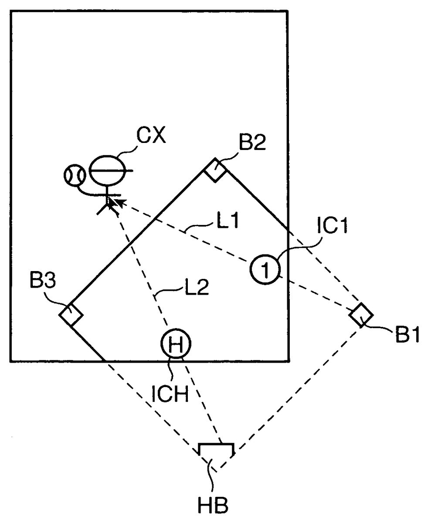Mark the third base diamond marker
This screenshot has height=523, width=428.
[71, 314]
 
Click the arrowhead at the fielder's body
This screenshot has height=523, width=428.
[112, 201]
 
